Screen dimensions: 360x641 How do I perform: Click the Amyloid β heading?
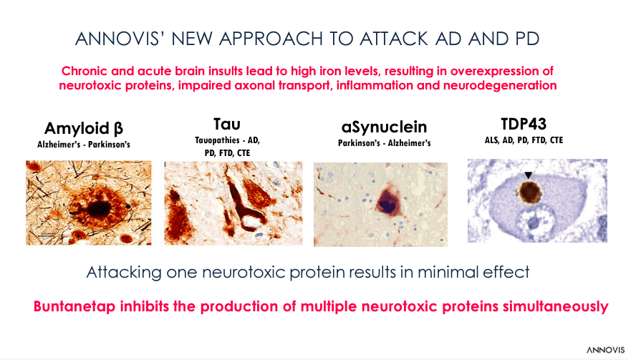[83, 129]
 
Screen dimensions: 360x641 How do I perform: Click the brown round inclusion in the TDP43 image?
[531, 193]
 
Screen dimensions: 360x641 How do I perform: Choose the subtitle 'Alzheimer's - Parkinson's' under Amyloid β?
[83, 144]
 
